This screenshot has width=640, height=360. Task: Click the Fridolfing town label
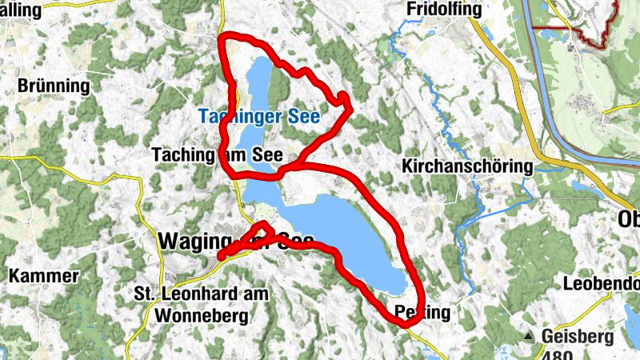(x=445, y=9)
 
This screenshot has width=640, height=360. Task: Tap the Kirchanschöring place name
(x=467, y=167)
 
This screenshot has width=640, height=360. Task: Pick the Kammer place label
(x=44, y=277)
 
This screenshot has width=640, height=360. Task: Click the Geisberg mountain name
(x=577, y=336)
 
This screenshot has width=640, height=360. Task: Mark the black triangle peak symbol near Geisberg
(x=529, y=336)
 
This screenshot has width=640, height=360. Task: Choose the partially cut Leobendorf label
(x=601, y=283)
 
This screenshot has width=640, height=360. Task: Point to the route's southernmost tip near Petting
(x=400, y=322)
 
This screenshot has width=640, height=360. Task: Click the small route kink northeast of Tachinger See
(x=343, y=98)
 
